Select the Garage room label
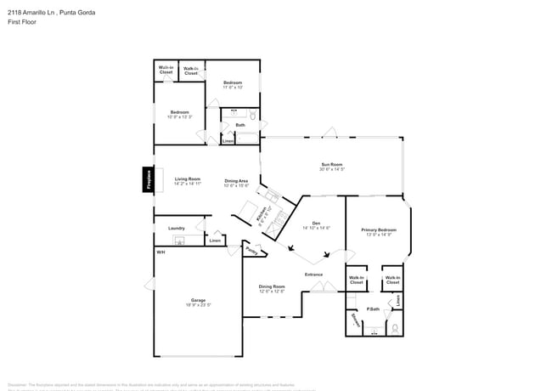[198, 300]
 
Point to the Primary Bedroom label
[378, 229]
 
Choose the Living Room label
[188, 178]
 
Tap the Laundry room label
[177, 228]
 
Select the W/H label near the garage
[160, 252]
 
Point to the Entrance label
[314, 274]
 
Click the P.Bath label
[372, 309]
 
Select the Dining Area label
[236, 180]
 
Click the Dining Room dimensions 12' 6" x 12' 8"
[272, 292]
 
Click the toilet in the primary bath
[394, 327]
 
